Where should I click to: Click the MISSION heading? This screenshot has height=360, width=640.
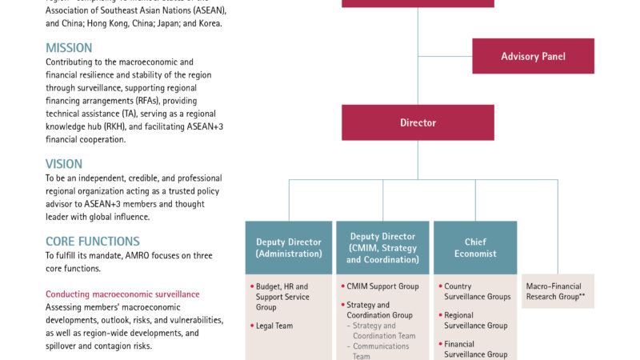click(x=69, y=48)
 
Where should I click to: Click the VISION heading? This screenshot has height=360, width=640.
click(x=64, y=164)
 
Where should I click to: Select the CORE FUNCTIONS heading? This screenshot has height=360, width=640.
click(x=93, y=241)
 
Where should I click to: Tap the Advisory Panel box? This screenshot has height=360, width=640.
click(x=533, y=56)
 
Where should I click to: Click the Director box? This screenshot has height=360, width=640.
click(x=418, y=122)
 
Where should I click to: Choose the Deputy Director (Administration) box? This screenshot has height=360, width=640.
click(x=289, y=248)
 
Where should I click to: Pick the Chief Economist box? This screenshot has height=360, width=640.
click(x=475, y=248)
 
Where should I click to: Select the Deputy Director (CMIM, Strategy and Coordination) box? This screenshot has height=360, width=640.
click(x=382, y=248)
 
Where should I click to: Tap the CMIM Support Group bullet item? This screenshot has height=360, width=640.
click(x=382, y=286)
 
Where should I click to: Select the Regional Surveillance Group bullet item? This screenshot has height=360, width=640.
click(x=475, y=320)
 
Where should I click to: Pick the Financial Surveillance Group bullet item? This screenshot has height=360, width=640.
click(x=475, y=349)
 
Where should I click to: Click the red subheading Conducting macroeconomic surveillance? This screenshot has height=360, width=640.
click(x=122, y=294)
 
